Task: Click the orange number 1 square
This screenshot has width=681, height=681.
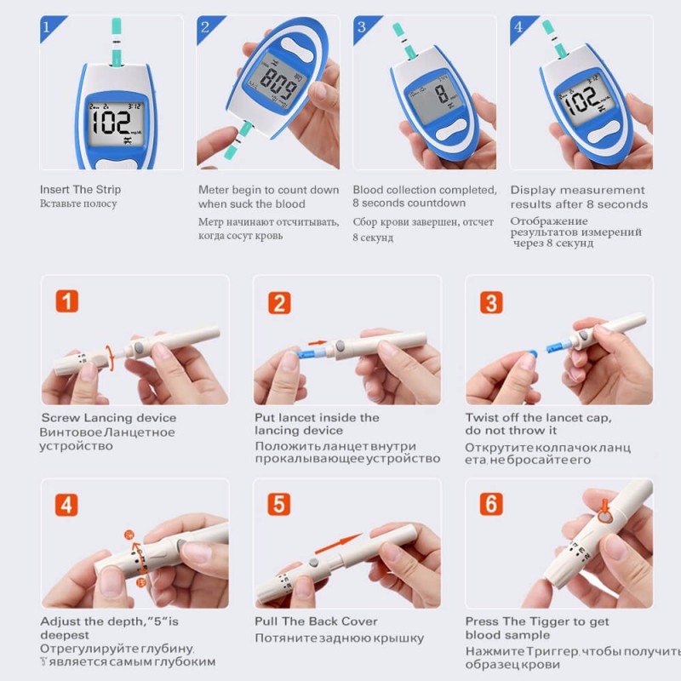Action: [x=67, y=301]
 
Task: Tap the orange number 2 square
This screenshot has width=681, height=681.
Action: [x=279, y=301]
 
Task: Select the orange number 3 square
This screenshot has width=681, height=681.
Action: [x=490, y=301]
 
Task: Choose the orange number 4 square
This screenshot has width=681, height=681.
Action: [x=67, y=504]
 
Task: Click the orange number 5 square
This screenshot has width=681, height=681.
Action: [x=279, y=504]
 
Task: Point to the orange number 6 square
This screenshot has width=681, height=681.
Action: [x=490, y=504]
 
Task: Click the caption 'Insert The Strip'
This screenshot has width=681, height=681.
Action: [x=80, y=190]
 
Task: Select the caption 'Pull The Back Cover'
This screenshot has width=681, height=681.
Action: [x=316, y=621]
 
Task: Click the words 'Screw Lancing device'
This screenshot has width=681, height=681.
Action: [x=109, y=418]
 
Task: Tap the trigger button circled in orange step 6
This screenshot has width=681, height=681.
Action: [x=604, y=514]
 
